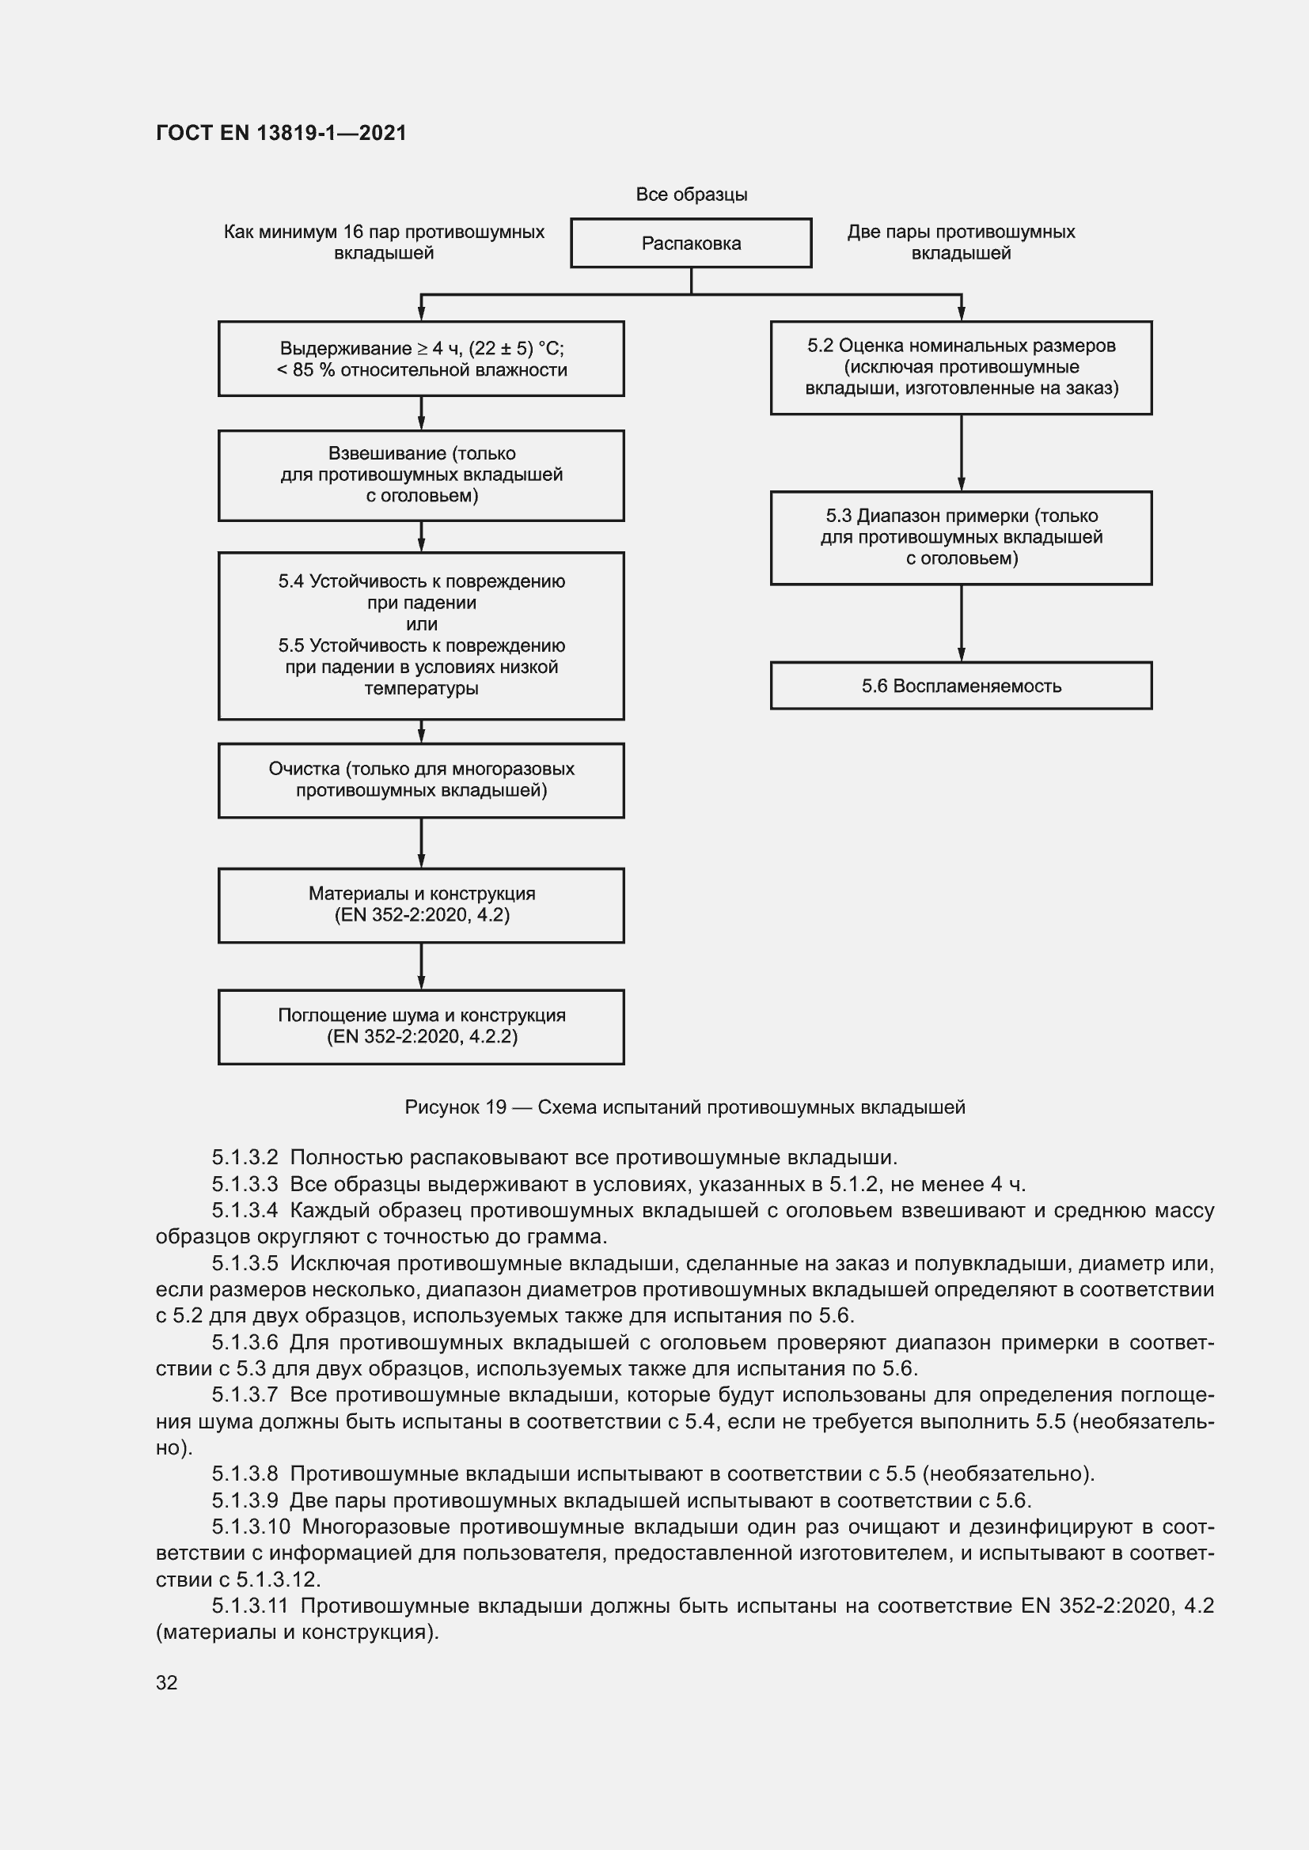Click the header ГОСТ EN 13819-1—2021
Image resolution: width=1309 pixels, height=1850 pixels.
tap(281, 133)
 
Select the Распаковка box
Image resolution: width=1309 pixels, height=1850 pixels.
tap(691, 244)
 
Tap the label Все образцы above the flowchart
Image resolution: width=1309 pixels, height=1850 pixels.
tap(691, 195)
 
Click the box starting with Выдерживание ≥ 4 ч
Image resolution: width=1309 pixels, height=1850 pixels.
tap(421, 358)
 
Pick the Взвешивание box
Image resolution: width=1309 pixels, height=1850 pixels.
tap(421, 475)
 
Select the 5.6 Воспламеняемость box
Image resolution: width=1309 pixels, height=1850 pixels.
tap(961, 686)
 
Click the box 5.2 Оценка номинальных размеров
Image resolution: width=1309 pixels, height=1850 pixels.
tap(961, 368)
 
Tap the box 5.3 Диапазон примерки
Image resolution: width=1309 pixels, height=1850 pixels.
tap(961, 537)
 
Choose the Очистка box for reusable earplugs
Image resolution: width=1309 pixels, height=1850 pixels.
tap(421, 780)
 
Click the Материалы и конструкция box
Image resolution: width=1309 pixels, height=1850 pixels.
tap(421, 905)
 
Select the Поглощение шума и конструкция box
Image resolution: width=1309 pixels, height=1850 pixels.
tap(421, 1027)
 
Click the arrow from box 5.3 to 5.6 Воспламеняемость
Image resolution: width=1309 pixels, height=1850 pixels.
tap(961, 622)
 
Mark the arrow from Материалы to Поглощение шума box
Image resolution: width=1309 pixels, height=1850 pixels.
tap(421, 966)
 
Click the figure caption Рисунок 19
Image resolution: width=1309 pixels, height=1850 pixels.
tap(685, 1107)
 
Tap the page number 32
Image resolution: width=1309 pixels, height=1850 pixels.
tap(167, 1682)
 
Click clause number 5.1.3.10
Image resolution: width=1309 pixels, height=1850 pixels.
tap(251, 1527)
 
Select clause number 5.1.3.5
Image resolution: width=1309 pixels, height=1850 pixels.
tap(245, 1263)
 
